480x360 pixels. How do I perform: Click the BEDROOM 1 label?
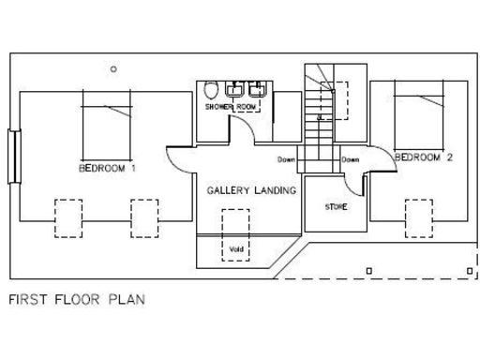(x=108, y=169)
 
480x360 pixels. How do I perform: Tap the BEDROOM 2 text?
(x=424, y=157)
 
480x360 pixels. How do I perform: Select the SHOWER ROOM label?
(x=230, y=108)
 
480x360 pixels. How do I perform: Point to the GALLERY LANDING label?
(x=251, y=190)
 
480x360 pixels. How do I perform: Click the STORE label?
(x=337, y=206)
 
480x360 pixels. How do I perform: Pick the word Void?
(x=235, y=249)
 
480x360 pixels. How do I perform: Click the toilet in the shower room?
(x=212, y=91)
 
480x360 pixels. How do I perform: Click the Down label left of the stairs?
(x=288, y=159)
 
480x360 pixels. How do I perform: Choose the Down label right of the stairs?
(x=350, y=159)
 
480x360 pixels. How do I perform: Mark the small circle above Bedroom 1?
(x=113, y=67)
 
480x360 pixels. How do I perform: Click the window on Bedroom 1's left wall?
(x=13, y=156)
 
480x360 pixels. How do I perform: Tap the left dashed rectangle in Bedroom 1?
(x=68, y=217)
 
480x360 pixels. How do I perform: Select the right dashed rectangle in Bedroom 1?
(x=143, y=217)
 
